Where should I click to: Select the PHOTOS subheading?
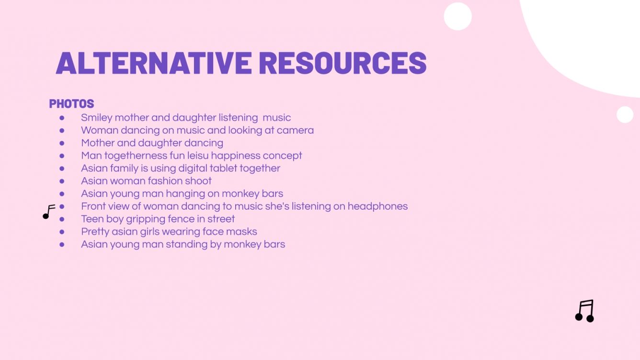[71, 103]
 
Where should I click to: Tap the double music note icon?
[584, 311]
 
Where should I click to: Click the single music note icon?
[48, 212]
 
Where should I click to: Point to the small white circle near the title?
[457, 16]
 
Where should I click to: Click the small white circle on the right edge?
[625, 114]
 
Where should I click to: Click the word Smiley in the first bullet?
[96, 118]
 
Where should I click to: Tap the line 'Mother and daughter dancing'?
[152, 143]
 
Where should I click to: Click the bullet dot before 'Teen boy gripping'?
[62, 219]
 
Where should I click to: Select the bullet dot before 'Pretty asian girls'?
[62, 232]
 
